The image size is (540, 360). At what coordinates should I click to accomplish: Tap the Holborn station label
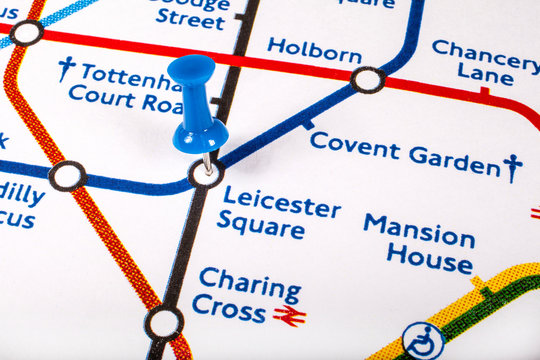point(314,50)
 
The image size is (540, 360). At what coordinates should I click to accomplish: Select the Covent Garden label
point(404,154)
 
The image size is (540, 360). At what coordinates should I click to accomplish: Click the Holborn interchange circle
point(368,80)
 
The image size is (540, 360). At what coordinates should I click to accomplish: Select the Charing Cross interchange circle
point(164,323)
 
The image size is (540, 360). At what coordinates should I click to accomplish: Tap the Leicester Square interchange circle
point(206,174)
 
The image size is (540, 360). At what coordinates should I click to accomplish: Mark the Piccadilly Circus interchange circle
point(67,177)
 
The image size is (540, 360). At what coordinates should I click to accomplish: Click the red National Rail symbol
point(290,317)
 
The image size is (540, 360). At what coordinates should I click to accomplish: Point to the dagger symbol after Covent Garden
point(513,166)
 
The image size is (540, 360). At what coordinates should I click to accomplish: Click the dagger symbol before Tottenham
point(66,68)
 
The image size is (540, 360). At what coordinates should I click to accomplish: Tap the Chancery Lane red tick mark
point(485,92)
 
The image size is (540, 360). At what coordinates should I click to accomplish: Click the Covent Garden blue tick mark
point(308,125)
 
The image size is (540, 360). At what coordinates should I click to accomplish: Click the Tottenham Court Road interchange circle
point(27,33)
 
